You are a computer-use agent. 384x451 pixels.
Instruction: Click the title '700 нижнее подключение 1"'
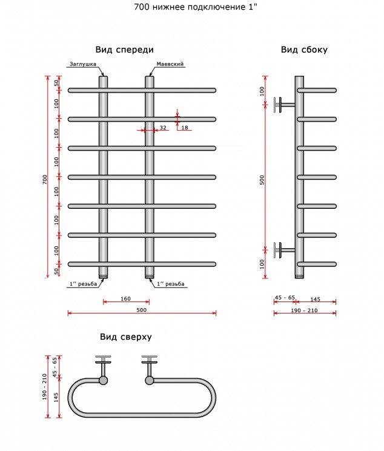point(196,7)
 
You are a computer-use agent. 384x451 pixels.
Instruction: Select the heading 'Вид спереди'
point(124,50)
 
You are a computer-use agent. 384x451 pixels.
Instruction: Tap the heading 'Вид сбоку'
point(304,50)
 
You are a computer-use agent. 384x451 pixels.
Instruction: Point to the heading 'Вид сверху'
point(126,337)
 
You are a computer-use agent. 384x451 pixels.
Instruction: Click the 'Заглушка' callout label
point(83,64)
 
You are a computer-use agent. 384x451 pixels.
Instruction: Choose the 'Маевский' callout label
point(170,64)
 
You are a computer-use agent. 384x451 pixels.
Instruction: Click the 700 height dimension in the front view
point(45,179)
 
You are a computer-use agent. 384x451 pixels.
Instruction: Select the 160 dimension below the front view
point(125,298)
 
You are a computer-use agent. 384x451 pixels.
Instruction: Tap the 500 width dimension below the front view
point(141,310)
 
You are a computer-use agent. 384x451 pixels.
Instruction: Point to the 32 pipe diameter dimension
point(163,127)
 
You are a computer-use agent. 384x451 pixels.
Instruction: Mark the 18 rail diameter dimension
point(185,127)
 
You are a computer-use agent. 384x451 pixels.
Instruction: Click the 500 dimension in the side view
point(262,180)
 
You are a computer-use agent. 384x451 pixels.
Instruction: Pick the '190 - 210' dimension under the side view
point(304,311)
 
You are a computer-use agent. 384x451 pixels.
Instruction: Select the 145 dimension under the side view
point(315,299)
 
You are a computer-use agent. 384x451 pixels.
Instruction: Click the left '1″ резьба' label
point(83,284)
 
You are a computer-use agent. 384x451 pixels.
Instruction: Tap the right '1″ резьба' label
point(170,284)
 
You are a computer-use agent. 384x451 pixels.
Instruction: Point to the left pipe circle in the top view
point(103,380)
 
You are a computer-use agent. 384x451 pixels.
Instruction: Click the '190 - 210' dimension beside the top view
point(45,387)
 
